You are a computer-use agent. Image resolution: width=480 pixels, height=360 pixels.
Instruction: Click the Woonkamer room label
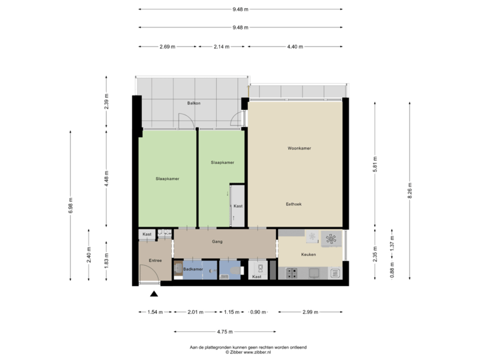296,148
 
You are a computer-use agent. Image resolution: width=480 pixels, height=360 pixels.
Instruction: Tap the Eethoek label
294,204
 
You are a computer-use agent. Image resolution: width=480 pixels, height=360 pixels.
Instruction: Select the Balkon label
193,103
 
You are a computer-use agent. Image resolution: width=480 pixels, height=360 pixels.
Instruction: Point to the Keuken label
308,255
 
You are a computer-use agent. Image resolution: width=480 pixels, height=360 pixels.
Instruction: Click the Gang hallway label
217,241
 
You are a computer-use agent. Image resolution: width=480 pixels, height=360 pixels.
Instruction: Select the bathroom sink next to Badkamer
177,269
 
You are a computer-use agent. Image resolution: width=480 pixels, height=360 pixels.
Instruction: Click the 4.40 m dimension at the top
295,47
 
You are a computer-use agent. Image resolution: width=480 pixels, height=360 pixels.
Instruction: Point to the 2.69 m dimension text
167,47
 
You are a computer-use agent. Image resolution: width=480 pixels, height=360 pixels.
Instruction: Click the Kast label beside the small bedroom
237,206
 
